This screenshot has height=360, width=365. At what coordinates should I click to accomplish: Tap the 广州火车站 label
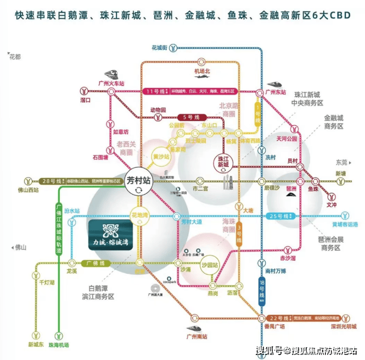[111, 83]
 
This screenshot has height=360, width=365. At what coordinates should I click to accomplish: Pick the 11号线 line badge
[155, 91]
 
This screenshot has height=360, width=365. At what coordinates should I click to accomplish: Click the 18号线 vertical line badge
[262, 286]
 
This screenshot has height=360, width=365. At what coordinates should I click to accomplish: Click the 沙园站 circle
[210, 264]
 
